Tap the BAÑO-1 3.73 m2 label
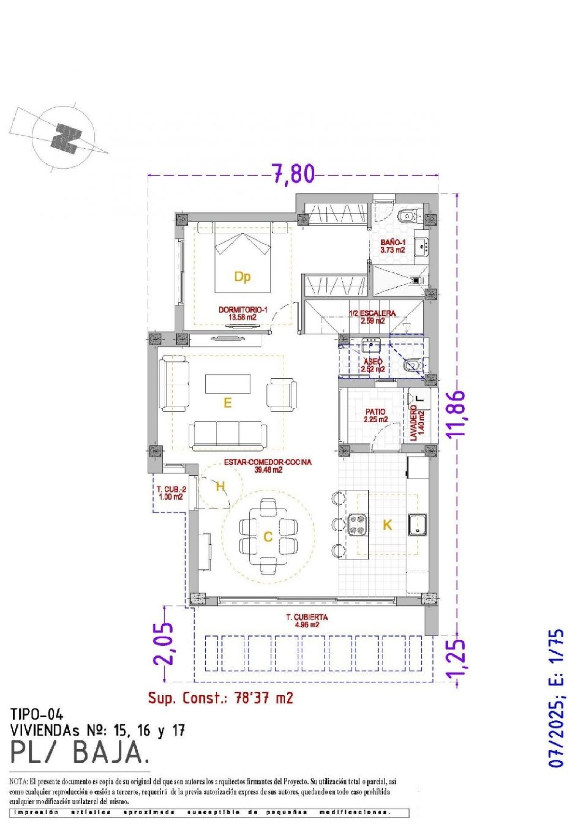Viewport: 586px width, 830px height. point(393,246)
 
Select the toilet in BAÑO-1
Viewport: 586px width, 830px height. point(408,215)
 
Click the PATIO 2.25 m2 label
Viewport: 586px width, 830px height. point(375,416)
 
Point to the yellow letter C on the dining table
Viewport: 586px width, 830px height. point(268,537)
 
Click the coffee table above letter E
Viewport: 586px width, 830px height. point(228,384)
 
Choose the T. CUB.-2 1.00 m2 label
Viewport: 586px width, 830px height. point(171,493)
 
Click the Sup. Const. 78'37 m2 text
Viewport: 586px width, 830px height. point(220,698)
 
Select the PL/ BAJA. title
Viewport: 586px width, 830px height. point(80,752)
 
